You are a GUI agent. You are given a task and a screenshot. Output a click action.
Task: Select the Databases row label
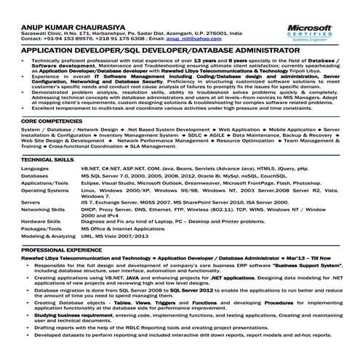(35, 176)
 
